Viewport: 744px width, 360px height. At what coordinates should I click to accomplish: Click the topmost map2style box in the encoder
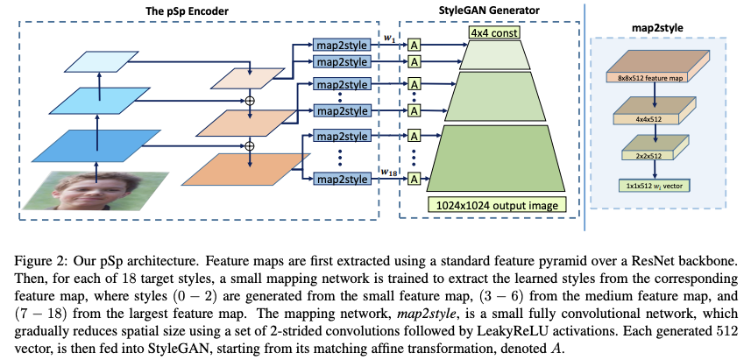[x=341, y=45]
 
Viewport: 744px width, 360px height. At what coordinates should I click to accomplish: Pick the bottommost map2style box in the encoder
[x=341, y=180]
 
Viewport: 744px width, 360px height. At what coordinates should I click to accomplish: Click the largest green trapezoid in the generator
[x=491, y=159]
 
